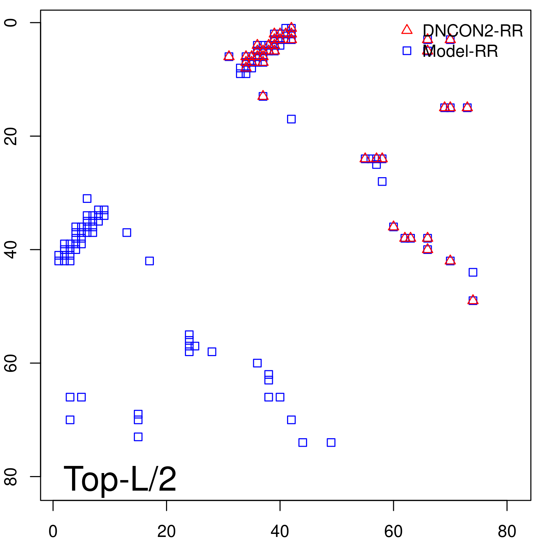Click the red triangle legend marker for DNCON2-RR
(407, 30)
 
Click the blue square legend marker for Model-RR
(407, 51)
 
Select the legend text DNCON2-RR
(473, 31)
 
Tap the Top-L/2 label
(120, 479)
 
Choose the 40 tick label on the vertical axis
(11, 250)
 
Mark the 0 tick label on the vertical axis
(11, 23)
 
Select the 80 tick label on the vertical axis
(11, 476)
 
